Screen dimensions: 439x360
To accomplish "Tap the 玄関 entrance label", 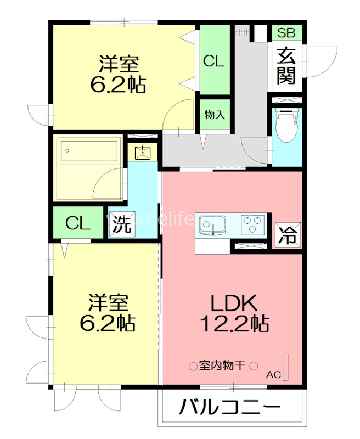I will point(286,66).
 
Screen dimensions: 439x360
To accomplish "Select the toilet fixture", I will point(286,126).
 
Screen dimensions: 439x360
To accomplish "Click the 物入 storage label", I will point(215,115).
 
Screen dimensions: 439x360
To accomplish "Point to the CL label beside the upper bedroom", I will point(214,61).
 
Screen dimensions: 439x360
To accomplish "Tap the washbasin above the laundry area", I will point(142,152).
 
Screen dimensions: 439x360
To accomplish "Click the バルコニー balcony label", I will point(230,408).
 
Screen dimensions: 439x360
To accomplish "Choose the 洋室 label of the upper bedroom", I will point(119,64).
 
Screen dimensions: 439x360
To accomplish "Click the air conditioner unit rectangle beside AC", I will point(285,366).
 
